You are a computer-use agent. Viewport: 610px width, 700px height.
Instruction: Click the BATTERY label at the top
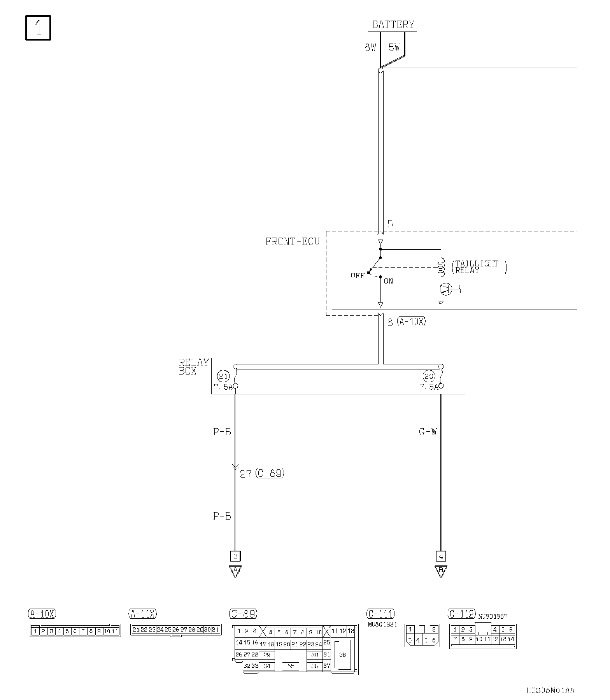[393, 24]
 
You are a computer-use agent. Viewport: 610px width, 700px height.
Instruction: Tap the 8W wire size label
[370, 47]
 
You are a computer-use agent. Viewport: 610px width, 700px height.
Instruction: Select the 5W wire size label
[394, 47]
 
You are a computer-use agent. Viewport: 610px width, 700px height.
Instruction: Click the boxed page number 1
[38, 28]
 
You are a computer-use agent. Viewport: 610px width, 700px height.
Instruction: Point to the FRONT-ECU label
[292, 241]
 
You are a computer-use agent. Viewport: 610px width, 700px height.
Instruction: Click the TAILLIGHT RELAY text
[477, 267]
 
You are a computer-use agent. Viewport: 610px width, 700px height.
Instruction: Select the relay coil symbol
[441, 267]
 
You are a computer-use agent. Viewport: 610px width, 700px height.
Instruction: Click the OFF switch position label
[358, 276]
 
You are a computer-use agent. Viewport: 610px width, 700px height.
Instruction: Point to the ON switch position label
[388, 281]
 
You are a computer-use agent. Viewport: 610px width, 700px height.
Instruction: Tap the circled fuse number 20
[429, 376]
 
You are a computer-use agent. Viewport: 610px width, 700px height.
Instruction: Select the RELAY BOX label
[193, 367]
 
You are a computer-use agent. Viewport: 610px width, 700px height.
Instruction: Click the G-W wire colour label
[428, 432]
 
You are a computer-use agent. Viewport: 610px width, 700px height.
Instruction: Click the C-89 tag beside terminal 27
[270, 474]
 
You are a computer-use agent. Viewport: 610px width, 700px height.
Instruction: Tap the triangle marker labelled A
[235, 571]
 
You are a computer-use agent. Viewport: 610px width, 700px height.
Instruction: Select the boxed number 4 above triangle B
[441, 556]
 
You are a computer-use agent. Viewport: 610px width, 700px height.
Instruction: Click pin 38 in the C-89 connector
[342, 655]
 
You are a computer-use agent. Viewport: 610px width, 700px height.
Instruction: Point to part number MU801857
[493, 616]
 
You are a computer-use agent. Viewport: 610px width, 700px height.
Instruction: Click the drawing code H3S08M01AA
[550, 691]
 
